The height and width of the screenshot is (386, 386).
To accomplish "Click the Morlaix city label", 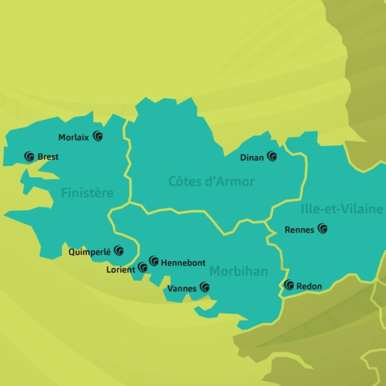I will coord(73,137).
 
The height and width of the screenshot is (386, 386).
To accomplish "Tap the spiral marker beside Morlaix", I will coord(98,136).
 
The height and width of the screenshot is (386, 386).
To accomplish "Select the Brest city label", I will coord(48,157).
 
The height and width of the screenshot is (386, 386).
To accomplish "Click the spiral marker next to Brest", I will coord(29,156).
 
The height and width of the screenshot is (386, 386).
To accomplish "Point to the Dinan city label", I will coord(252,157).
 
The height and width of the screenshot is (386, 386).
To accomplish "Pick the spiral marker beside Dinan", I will coord(272,156).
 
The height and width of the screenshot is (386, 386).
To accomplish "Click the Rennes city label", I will coord(299,230).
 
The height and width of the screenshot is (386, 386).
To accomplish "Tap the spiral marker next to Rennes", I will coord(323,229).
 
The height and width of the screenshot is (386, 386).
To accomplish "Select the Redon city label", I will coord(309,286).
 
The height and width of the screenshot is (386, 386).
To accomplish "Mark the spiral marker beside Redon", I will coord(289,285).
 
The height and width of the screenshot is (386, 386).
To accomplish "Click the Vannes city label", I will coord(182,289).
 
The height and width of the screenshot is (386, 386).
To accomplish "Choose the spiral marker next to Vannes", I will coord(205,287).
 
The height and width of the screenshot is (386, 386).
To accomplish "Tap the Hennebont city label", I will coord(183,263).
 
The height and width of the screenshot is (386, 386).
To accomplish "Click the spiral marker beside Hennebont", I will coord(154,261).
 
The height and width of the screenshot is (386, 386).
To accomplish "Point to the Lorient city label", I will coord(121,270).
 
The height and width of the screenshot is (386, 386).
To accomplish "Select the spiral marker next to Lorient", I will coord(143,267).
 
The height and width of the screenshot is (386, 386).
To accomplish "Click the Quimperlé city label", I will coord(90,252).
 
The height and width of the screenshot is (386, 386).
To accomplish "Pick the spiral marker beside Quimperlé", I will coord(119,251).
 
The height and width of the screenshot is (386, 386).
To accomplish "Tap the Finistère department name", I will coord(87,193).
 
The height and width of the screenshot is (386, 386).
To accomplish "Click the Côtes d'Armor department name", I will coord(212,181).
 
